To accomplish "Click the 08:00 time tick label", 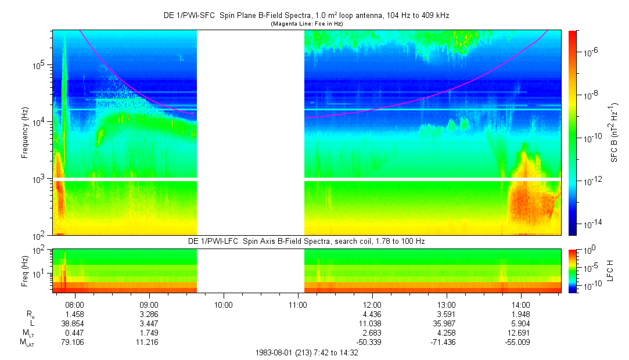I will [x=75, y=304].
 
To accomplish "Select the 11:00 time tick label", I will [x=297, y=304].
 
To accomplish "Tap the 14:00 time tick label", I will [x=521, y=304].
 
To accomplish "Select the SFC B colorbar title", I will [x=614, y=132].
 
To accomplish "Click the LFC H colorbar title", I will [x=614, y=271].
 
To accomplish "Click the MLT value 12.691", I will [x=521, y=333].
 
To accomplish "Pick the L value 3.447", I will [x=149, y=323].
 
